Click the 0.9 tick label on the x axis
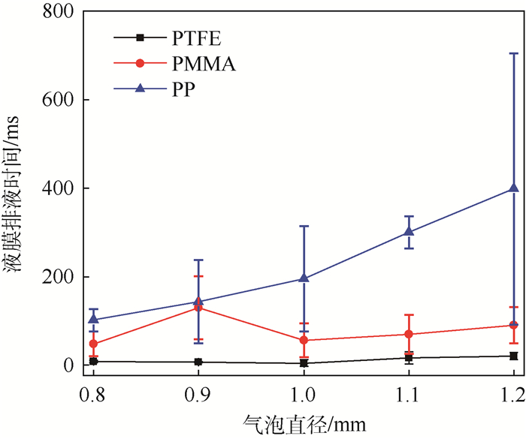coord(198,391)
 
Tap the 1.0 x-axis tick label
coord(304,391)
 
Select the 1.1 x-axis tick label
coord(409,391)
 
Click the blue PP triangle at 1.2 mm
coord(514,188)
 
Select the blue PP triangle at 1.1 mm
coord(409,232)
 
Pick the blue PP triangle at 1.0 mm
coord(304,278)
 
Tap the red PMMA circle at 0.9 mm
coord(198,308)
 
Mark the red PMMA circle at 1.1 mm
coord(409,334)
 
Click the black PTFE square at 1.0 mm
coord(304,363)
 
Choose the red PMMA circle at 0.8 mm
coord(93,344)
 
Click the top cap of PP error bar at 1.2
coord(514,53)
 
